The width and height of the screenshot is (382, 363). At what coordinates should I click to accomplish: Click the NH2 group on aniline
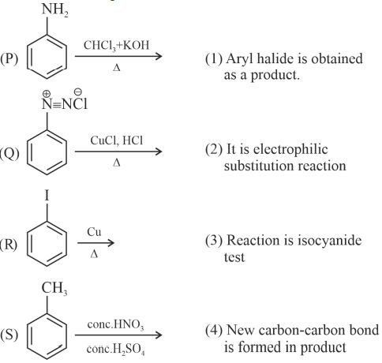pos(54,10)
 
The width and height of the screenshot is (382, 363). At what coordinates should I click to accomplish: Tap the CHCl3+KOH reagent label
pos(116,46)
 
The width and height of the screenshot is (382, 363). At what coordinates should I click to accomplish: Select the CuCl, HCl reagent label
pos(117,140)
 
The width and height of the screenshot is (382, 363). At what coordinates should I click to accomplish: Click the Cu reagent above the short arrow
pos(94,232)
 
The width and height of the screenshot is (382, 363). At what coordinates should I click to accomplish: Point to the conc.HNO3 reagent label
pos(115,325)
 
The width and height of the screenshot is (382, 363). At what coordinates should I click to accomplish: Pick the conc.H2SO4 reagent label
pos(116,350)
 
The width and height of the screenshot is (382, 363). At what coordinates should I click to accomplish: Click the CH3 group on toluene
pos(54,288)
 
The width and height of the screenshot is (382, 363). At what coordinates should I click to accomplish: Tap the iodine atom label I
pos(47,196)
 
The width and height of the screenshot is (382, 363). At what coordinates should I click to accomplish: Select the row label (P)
pos(9,58)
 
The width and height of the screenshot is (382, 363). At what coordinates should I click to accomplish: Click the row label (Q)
pos(9,154)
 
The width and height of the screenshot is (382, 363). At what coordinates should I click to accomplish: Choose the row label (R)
pos(9,245)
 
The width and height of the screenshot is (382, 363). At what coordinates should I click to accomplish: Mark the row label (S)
pos(9,335)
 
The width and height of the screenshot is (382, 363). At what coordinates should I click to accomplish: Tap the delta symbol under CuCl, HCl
pos(117,163)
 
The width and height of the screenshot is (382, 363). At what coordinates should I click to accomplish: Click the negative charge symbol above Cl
pos(78,92)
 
